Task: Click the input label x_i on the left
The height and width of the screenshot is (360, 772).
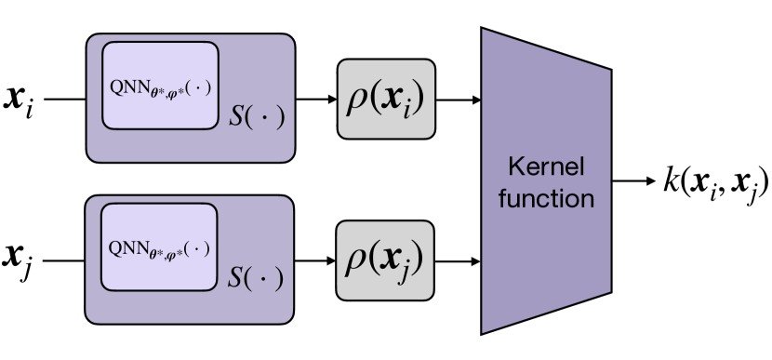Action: click(21, 99)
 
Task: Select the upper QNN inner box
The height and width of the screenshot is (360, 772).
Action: click(159, 85)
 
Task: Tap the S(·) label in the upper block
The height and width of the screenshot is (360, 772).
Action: click(254, 119)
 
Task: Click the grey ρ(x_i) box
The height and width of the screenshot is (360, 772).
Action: click(385, 98)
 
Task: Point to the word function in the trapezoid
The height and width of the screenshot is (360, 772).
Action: click(545, 197)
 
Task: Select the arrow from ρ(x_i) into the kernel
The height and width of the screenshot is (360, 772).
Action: click(457, 98)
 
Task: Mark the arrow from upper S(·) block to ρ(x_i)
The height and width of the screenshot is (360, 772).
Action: click(316, 98)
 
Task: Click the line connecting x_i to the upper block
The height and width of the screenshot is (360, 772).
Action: click(63, 98)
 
